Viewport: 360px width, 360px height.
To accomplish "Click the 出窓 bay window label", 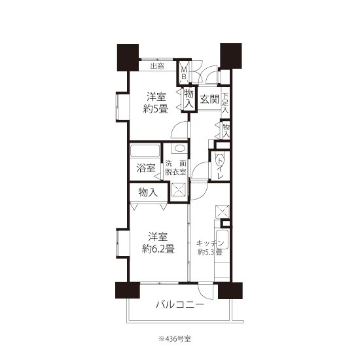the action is [157, 66].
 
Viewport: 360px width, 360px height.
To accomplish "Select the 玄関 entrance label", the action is [209, 99].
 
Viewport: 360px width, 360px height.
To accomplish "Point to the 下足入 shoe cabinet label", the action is [225, 103].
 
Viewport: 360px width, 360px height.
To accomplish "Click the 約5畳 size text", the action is [156, 109].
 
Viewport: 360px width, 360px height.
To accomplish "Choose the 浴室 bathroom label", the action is [146, 168].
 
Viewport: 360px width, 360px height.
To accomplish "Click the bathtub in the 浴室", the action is [145, 151].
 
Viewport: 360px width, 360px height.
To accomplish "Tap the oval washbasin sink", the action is [179, 149].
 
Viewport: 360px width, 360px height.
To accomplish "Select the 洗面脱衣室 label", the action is [175, 168].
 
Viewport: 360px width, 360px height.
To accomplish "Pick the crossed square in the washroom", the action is [179, 189].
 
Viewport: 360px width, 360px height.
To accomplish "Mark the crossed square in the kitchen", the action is [222, 211].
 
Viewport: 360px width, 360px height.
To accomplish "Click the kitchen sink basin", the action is [222, 240].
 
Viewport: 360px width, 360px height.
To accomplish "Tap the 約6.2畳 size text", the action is [158, 249].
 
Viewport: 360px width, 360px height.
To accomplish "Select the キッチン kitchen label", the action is [210, 243].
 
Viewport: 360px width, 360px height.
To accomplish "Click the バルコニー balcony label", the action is [180, 304].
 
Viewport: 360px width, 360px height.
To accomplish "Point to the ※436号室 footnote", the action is [175, 338].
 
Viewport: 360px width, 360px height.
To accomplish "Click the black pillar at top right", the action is [231, 56].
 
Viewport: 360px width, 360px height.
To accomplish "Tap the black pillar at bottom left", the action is [128, 290].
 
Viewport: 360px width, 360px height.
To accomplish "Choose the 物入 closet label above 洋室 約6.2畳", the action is [148, 192].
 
